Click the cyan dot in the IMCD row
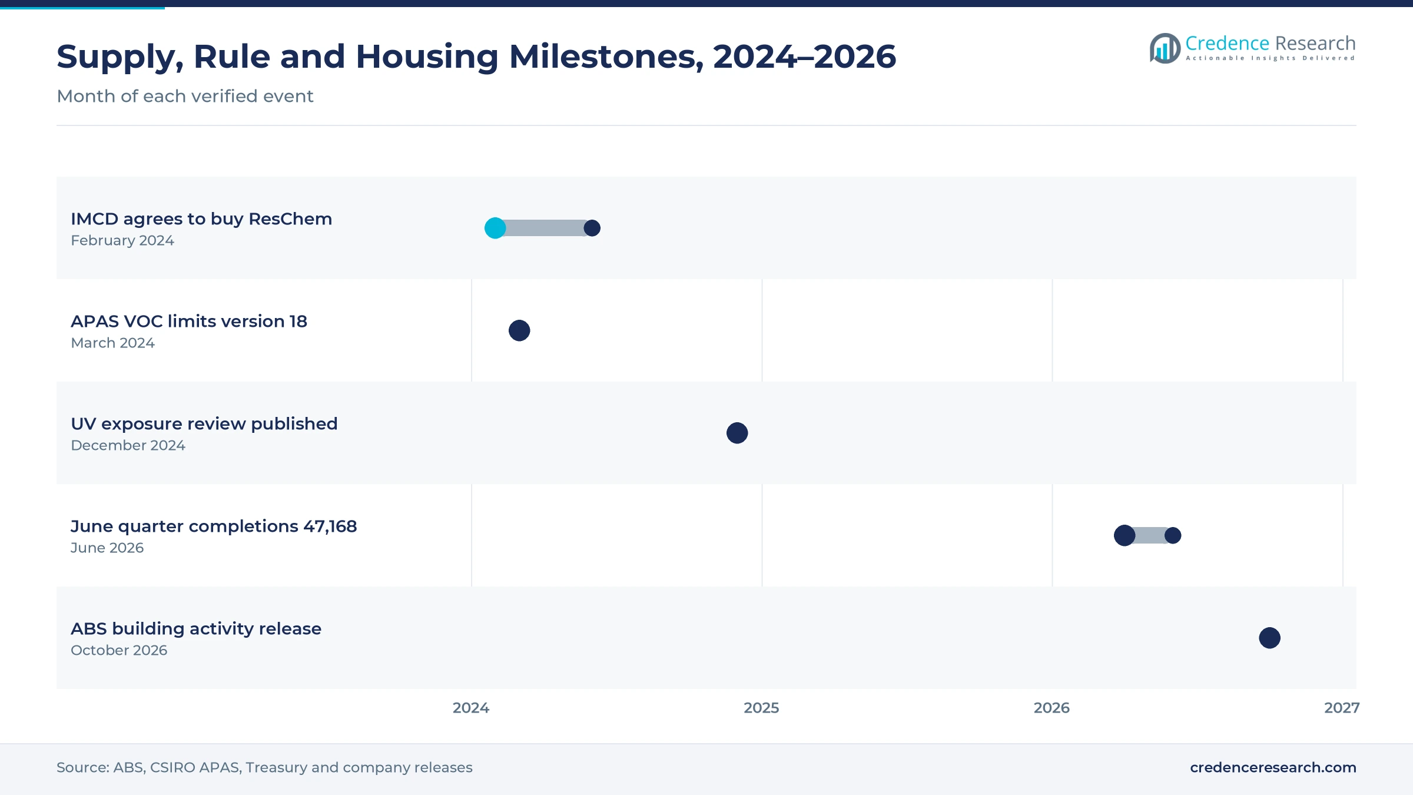pos(495,228)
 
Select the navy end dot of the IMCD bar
pos(592,228)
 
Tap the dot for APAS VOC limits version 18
pos(519,330)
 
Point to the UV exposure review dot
pos(737,433)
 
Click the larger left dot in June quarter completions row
pos(1125,535)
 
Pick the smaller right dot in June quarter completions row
pos(1173,535)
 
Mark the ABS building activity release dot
pos(1270,638)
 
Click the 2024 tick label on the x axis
pos(471,708)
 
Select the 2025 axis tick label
pos(761,708)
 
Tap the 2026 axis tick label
pos(1052,708)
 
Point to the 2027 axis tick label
pos(1342,708)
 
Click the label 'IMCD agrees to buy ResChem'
pos(201,219)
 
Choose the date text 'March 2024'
pos(112,343)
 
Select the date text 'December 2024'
pos(128,445)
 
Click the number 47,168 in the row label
pos(330,526)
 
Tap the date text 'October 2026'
pos(119,650)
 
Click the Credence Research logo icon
pos(1165,48)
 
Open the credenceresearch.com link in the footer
pos(1273,767)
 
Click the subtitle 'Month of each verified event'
pos(185,96)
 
